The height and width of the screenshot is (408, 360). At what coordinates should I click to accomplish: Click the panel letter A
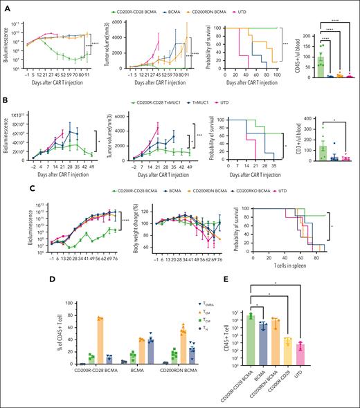point(6,6)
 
